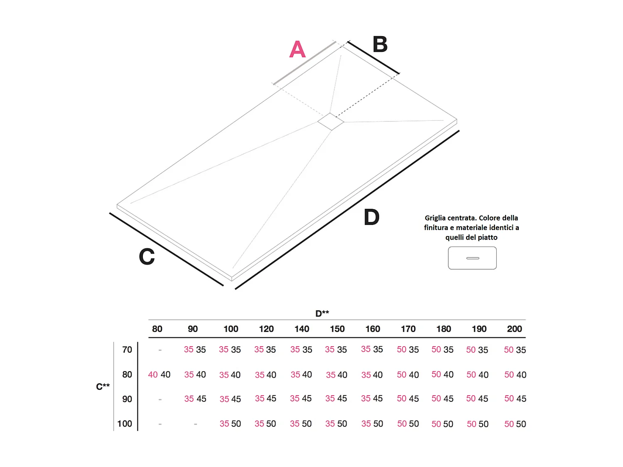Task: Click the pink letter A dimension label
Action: (x=297, y=49)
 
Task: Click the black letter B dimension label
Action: (x=380, y=44)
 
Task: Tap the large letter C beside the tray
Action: (x=147, y=257)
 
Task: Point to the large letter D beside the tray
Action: (x=371, y=217)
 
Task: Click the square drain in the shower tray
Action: (x=331, y=121)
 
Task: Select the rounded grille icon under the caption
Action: (x=472, y=258)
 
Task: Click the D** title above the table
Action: (x=322, y=313)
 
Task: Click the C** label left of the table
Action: (x=103, y=386)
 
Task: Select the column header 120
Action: (x=266, y=329)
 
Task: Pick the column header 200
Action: (x=514, y=329)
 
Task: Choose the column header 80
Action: (x=157, y=329)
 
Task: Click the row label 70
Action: (x=127, y=350)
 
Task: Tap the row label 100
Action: (x=125, y=424)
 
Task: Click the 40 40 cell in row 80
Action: (x=159, y=375)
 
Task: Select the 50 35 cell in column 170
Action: (x=407, y=350)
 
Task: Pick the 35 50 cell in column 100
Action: (x=230, y=424)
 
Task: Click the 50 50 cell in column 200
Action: (x=515, y=424)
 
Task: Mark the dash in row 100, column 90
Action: (x=195, y=424)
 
